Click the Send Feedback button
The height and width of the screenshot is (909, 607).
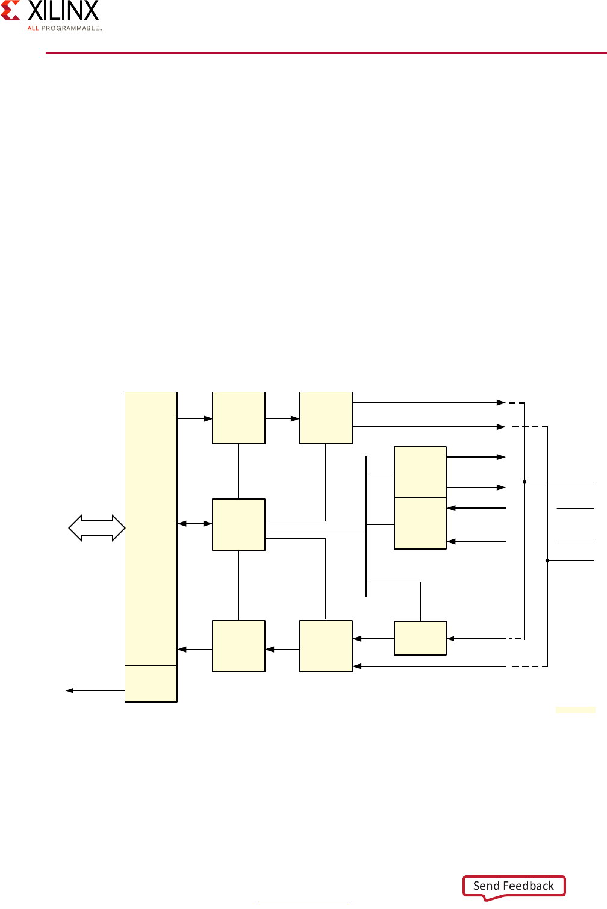tap(514, 886)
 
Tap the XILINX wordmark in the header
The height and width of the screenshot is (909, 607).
tap(63, 11)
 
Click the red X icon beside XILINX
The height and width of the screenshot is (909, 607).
tap(11, 10)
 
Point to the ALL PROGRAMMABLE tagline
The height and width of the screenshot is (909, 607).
tap(64, 28)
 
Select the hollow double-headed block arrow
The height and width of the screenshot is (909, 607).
tap(96, 528)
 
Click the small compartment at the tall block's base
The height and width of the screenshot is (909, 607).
tap(151, 683)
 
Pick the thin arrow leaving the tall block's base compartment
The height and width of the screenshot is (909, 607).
tap(95, 690)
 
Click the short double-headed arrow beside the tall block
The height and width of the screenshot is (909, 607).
tap(195, 524)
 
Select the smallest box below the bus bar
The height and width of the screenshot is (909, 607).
tap(420, 638)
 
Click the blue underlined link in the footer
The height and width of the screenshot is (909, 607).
tap(303, 901)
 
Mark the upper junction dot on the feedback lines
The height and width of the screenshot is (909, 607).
tap(525, 482)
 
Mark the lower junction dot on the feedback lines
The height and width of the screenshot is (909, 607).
tap(547, 560)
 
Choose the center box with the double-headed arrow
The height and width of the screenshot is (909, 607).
tap(238, 524)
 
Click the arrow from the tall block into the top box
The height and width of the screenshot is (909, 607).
tap(195, 418)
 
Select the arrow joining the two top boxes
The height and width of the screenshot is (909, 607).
tap(282, 418)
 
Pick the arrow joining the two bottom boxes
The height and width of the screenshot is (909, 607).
tap(282, 650)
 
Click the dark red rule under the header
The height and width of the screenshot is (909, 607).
tap(326, 53)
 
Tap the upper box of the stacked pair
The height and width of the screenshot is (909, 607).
tap(420, 472)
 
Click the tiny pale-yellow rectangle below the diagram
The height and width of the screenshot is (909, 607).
tap(575, 710)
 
